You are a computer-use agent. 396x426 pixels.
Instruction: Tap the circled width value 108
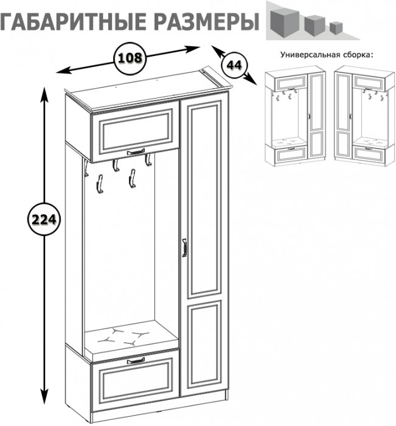tap(130, 58)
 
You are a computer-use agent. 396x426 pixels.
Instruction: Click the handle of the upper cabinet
tap(136, 152)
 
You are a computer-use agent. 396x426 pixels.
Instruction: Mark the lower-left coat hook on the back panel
tap(99, 181)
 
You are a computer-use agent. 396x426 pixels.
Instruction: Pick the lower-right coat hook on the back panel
tap(130, 180)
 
